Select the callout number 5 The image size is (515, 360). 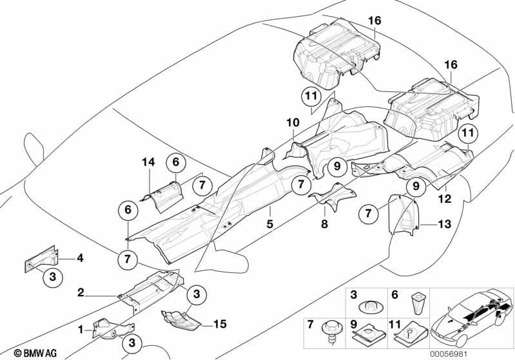pyautogui.click(x=270, y=225)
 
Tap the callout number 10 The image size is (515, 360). pyautogui.click(x=293, y=122)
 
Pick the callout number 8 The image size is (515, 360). pyautogui.click(x=324, y=225)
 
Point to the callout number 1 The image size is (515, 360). pyautogui.click(x=81, y=329)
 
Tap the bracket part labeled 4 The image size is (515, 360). pyautogui.click(x=41, y=261)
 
